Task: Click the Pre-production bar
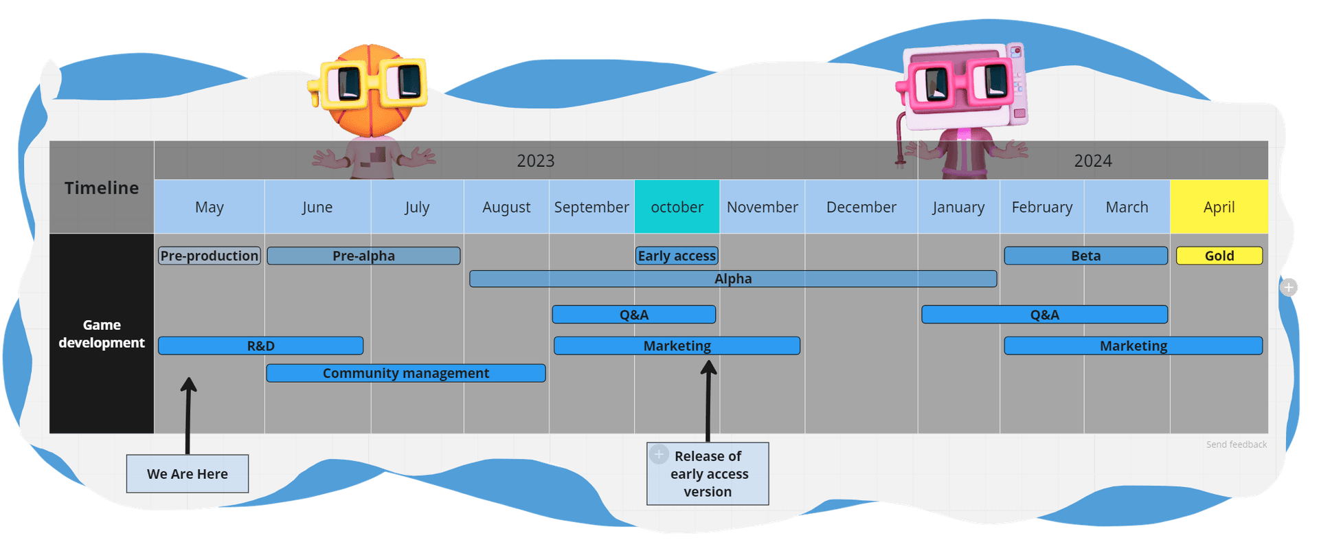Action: coord(210,256)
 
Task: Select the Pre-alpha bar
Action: coord(363,256)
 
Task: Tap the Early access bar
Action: coord(677,256)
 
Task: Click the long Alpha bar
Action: coord(733,278)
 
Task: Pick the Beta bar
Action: coord(1085,256)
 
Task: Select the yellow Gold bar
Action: coord(1219,256)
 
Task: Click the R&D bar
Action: coord(260,346)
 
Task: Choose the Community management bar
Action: coord(405,373)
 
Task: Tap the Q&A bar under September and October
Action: coord(633,315)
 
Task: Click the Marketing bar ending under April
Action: coord(1133,346)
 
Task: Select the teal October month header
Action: coord(677,207)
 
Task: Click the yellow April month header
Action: coord(1219,207)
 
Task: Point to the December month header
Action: coord(861,207)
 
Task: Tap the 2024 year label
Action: coord(1092,161)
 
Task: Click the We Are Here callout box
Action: coord(187,473)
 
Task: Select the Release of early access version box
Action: coord(708,474)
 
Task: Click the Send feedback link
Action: coord(1236,445)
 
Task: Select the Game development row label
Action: coord(102,334)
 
